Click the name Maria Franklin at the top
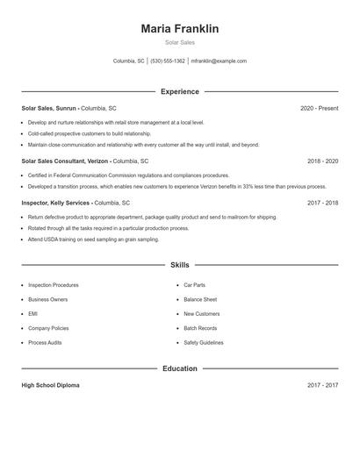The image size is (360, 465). coord(179,29)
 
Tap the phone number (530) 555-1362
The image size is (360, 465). coord(168,61)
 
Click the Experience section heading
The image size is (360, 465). coord(179,91)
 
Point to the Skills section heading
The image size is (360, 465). coord(179,264)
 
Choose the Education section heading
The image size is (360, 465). coord(179,368)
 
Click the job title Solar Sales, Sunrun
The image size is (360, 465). coord(49,108)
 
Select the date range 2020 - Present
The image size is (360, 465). coord(319,108)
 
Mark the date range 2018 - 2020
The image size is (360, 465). coord(322,161)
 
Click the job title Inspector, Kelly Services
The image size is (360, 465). coord(56,203)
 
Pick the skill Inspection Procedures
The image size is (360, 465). coord(53,285)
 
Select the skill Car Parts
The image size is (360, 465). coord(194,285)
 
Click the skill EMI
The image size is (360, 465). coord(32,313)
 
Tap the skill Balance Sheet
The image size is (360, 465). coord(200,299)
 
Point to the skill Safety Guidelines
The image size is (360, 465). coord(204,342)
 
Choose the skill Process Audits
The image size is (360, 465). coord(45,342)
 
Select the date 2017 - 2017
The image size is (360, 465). coord(322,385)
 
